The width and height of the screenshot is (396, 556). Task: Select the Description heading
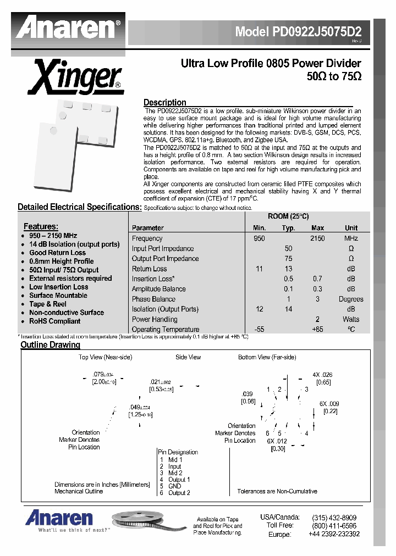tap(164, 102)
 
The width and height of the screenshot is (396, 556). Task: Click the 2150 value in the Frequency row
tap(317, 238)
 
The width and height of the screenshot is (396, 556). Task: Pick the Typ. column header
tap(288, 227)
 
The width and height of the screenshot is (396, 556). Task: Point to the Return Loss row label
tap(149, 269)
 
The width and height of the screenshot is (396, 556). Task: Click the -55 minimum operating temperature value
tap(259, 330)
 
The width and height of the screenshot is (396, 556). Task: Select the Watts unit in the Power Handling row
tap(350, 319)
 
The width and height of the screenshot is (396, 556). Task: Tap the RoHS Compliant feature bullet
tap(54, 321)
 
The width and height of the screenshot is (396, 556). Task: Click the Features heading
tap(41, 226)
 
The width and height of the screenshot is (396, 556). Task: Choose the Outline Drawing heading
tap(50, 345)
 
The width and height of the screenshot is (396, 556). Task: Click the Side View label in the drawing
tap(188, 357)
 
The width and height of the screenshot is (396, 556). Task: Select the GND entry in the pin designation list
tap(174, 486)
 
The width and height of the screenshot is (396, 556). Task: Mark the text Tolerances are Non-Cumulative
tap(277, 491)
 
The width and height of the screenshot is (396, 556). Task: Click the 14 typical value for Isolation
tap(288, 309)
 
